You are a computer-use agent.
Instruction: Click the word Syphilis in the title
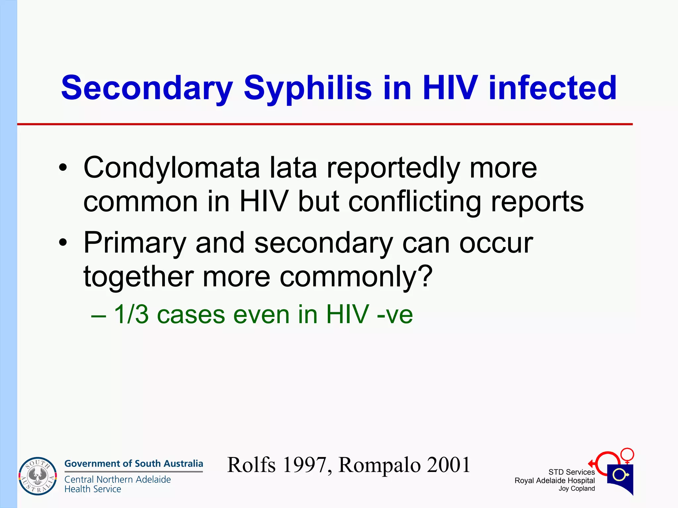[x=308, y=88]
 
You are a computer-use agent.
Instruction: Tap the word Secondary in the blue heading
[x=147, y=88]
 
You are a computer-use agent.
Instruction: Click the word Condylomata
[x=171, y=168]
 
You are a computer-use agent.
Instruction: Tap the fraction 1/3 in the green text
[x=131, y=314]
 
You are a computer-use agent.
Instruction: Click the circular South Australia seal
[x=38, y=476]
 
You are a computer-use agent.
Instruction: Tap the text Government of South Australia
[x=133, y=464]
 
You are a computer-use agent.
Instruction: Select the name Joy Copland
[x=577, y=489]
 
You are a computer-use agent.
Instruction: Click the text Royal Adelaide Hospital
[x=555, y=481]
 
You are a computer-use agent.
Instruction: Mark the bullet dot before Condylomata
[x=63, y=168]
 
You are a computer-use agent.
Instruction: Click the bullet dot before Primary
[x=63, y=243]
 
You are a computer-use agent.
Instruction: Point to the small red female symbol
[x=627, y=455]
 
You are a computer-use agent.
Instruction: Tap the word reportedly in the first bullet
[x=393, y=168]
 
